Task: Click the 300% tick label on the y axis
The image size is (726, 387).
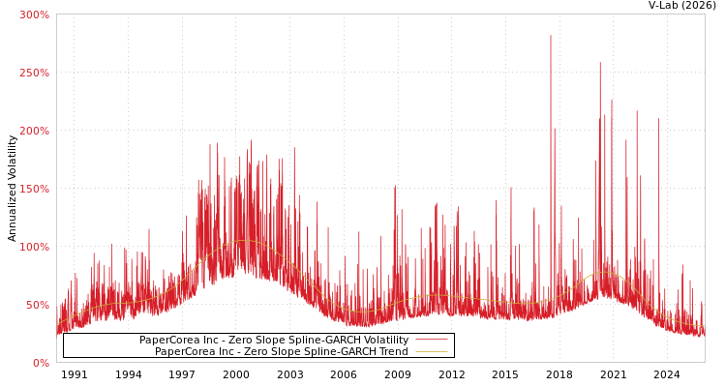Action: tap(34, 15)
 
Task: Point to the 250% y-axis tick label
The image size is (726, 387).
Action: tap(34, 73)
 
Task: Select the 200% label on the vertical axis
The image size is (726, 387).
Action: tap(34, 131)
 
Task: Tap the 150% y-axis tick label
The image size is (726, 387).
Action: tap(34, 189)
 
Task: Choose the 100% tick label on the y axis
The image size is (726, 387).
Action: tap(34, 247)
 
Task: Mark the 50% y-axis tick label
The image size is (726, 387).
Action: tap(36, 305)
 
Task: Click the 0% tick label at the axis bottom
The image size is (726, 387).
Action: tap(40, 363)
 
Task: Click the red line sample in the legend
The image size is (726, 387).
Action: tap(432, 340)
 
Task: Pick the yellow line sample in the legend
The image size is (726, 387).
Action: tap(432, 351)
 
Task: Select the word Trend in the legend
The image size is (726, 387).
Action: tap(392, 351)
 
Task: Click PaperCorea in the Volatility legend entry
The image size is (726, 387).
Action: tap(170, 340)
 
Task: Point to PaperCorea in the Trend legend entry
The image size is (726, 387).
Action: tap(186, 351)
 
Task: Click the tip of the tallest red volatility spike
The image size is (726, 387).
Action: tap(551, 36)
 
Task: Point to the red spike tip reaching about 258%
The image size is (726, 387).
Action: tap(599, 63)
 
